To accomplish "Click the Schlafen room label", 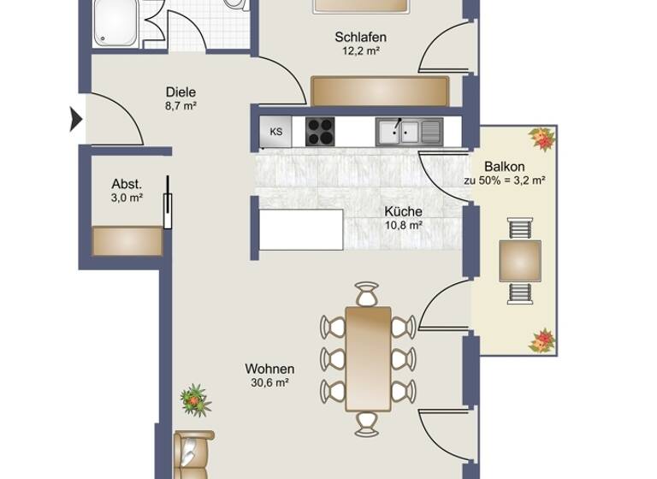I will (x=360, y=37).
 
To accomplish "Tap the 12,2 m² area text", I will (x=360, y=50).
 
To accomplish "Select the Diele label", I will (x=181, y=92).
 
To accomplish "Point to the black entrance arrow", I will (x=75, y=119).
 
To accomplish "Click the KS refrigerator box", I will (x=275, y=132).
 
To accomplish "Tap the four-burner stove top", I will (x=321, y=132).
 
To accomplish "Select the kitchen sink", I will (x=400, y=131).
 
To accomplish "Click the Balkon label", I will (x=504, y=166).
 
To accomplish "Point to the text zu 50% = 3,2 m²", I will (x=504, y=180).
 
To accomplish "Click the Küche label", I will (x=402, y=211).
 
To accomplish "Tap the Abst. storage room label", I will (x=127, y=184).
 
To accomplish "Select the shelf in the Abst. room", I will (x=127, y=240).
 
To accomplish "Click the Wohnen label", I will (x=269, y=369).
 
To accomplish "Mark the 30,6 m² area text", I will (x=269, y=382).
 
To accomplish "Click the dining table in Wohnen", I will (x=368, y=358).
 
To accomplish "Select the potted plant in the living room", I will (x=196, y=399).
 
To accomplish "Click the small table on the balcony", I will (x=520, y=261).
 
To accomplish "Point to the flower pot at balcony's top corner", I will (x=541, y=139).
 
